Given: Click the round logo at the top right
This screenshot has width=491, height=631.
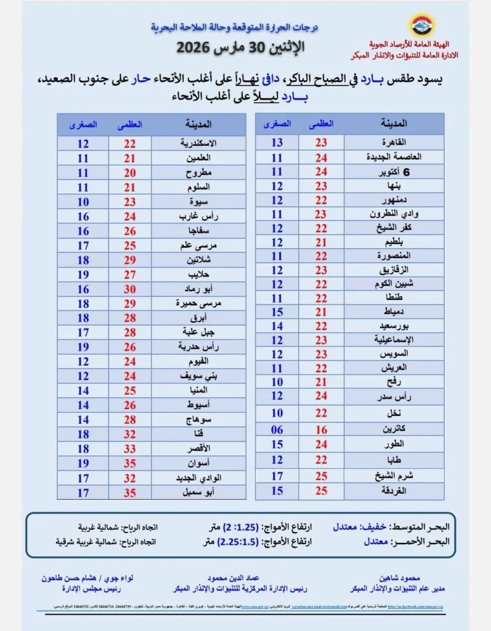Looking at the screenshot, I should pyautogui.click(x=422, y=25).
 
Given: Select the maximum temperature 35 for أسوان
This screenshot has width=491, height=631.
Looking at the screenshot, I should pyautogui.click(x=130, y=463).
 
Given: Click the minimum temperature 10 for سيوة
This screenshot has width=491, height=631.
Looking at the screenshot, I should pyautogui.click(x=83, y=202).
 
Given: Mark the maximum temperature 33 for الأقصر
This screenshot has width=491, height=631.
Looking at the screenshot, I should pyautogui.click(x=130, y=449).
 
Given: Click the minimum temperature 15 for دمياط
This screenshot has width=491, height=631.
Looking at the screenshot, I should pyautogui.click(x=277, y=312).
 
